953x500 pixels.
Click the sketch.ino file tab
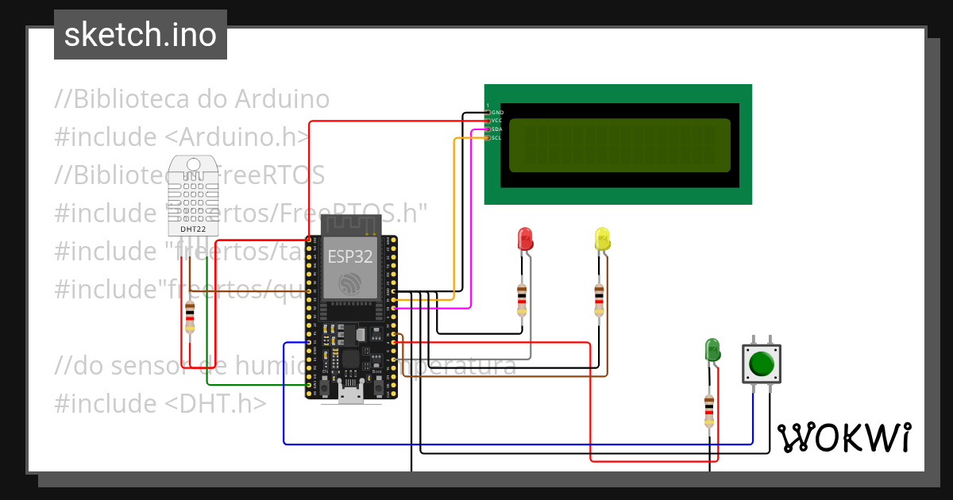tap(141, 35)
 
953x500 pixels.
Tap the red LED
tap(525, 239)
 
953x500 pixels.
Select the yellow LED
tap(602, 239)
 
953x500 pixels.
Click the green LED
tap(712, 349)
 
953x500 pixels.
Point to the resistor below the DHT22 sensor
tap(189, 317)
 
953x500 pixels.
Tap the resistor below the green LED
tap(708, 410)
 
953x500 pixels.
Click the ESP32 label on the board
tap(346, 256)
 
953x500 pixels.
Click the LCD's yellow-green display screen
tap(619, 145)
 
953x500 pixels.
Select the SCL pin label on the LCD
tap(496, 138)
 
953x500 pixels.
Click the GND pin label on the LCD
tap(497, 113)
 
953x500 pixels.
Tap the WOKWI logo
tap(844, 437)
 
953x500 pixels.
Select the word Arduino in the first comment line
tap(282, 99)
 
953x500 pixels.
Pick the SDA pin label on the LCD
tap(496, 129)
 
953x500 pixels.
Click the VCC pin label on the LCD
tap(496, 121)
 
